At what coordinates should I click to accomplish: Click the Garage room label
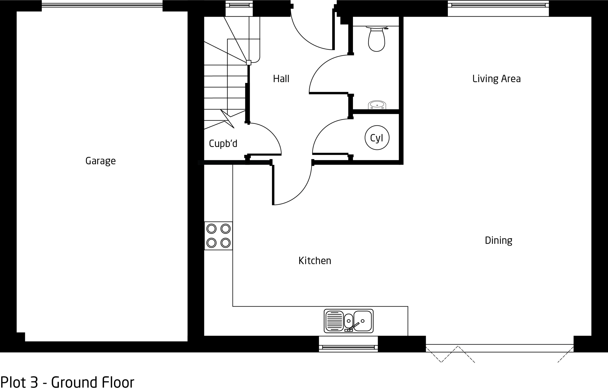coord(100,161)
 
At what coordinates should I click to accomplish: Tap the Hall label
coord(281,79)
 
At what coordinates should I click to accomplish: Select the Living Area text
coord(497,79)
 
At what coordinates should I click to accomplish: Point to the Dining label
coord(499,240)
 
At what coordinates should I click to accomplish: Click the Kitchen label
coord(315,261)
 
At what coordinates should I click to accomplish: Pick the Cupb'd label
coord(223,144)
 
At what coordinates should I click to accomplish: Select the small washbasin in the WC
coord(377,105)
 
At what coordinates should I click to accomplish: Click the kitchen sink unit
coord(348,321)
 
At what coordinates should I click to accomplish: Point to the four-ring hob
coord(218,236)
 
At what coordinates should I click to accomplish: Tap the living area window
coord(498,5)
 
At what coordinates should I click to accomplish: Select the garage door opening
coord(102,5)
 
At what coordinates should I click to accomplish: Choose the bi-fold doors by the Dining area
coord(499,353)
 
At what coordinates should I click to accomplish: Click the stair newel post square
coord(249,62)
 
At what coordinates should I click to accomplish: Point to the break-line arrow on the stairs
coord(227,119)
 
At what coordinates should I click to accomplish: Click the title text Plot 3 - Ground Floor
coord(67,382)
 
